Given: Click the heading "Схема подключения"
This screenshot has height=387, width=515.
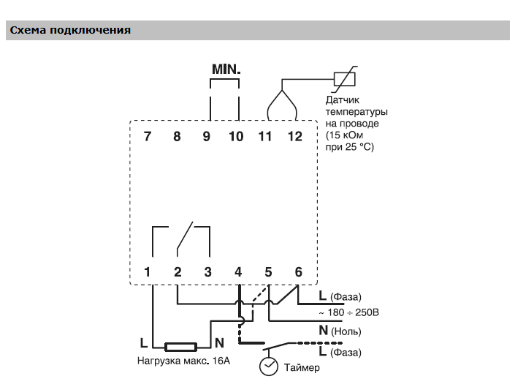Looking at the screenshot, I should coord(70,30).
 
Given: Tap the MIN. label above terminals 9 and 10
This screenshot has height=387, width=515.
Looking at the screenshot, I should coord(226,69).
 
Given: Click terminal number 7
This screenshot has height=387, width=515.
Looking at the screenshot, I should coord(148,136).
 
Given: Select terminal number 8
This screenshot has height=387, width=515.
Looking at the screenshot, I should coord(177,136).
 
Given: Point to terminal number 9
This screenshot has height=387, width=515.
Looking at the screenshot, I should coord(207,136).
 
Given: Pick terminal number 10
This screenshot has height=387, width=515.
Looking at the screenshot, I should coord(237,136).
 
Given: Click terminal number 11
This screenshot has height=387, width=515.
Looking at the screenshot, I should coord(265,136).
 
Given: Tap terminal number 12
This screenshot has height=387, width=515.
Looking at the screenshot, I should coord(294,136).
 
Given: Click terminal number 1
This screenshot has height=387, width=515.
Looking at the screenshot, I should coord(148,272).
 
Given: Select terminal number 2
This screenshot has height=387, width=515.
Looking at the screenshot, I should coord(178,272).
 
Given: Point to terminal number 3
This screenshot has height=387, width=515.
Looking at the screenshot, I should coord(207,272).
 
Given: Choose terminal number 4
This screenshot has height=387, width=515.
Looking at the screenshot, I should coord(238,272).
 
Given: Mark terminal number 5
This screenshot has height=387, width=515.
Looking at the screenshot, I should coord(268,272).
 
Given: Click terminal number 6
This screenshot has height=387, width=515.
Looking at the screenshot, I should coord(298,272).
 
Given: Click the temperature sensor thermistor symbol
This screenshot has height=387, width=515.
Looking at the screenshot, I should coord(344,78).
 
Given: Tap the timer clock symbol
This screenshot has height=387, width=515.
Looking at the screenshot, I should coord(270,366).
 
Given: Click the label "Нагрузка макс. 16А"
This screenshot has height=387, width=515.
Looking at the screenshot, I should coord(183,361).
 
